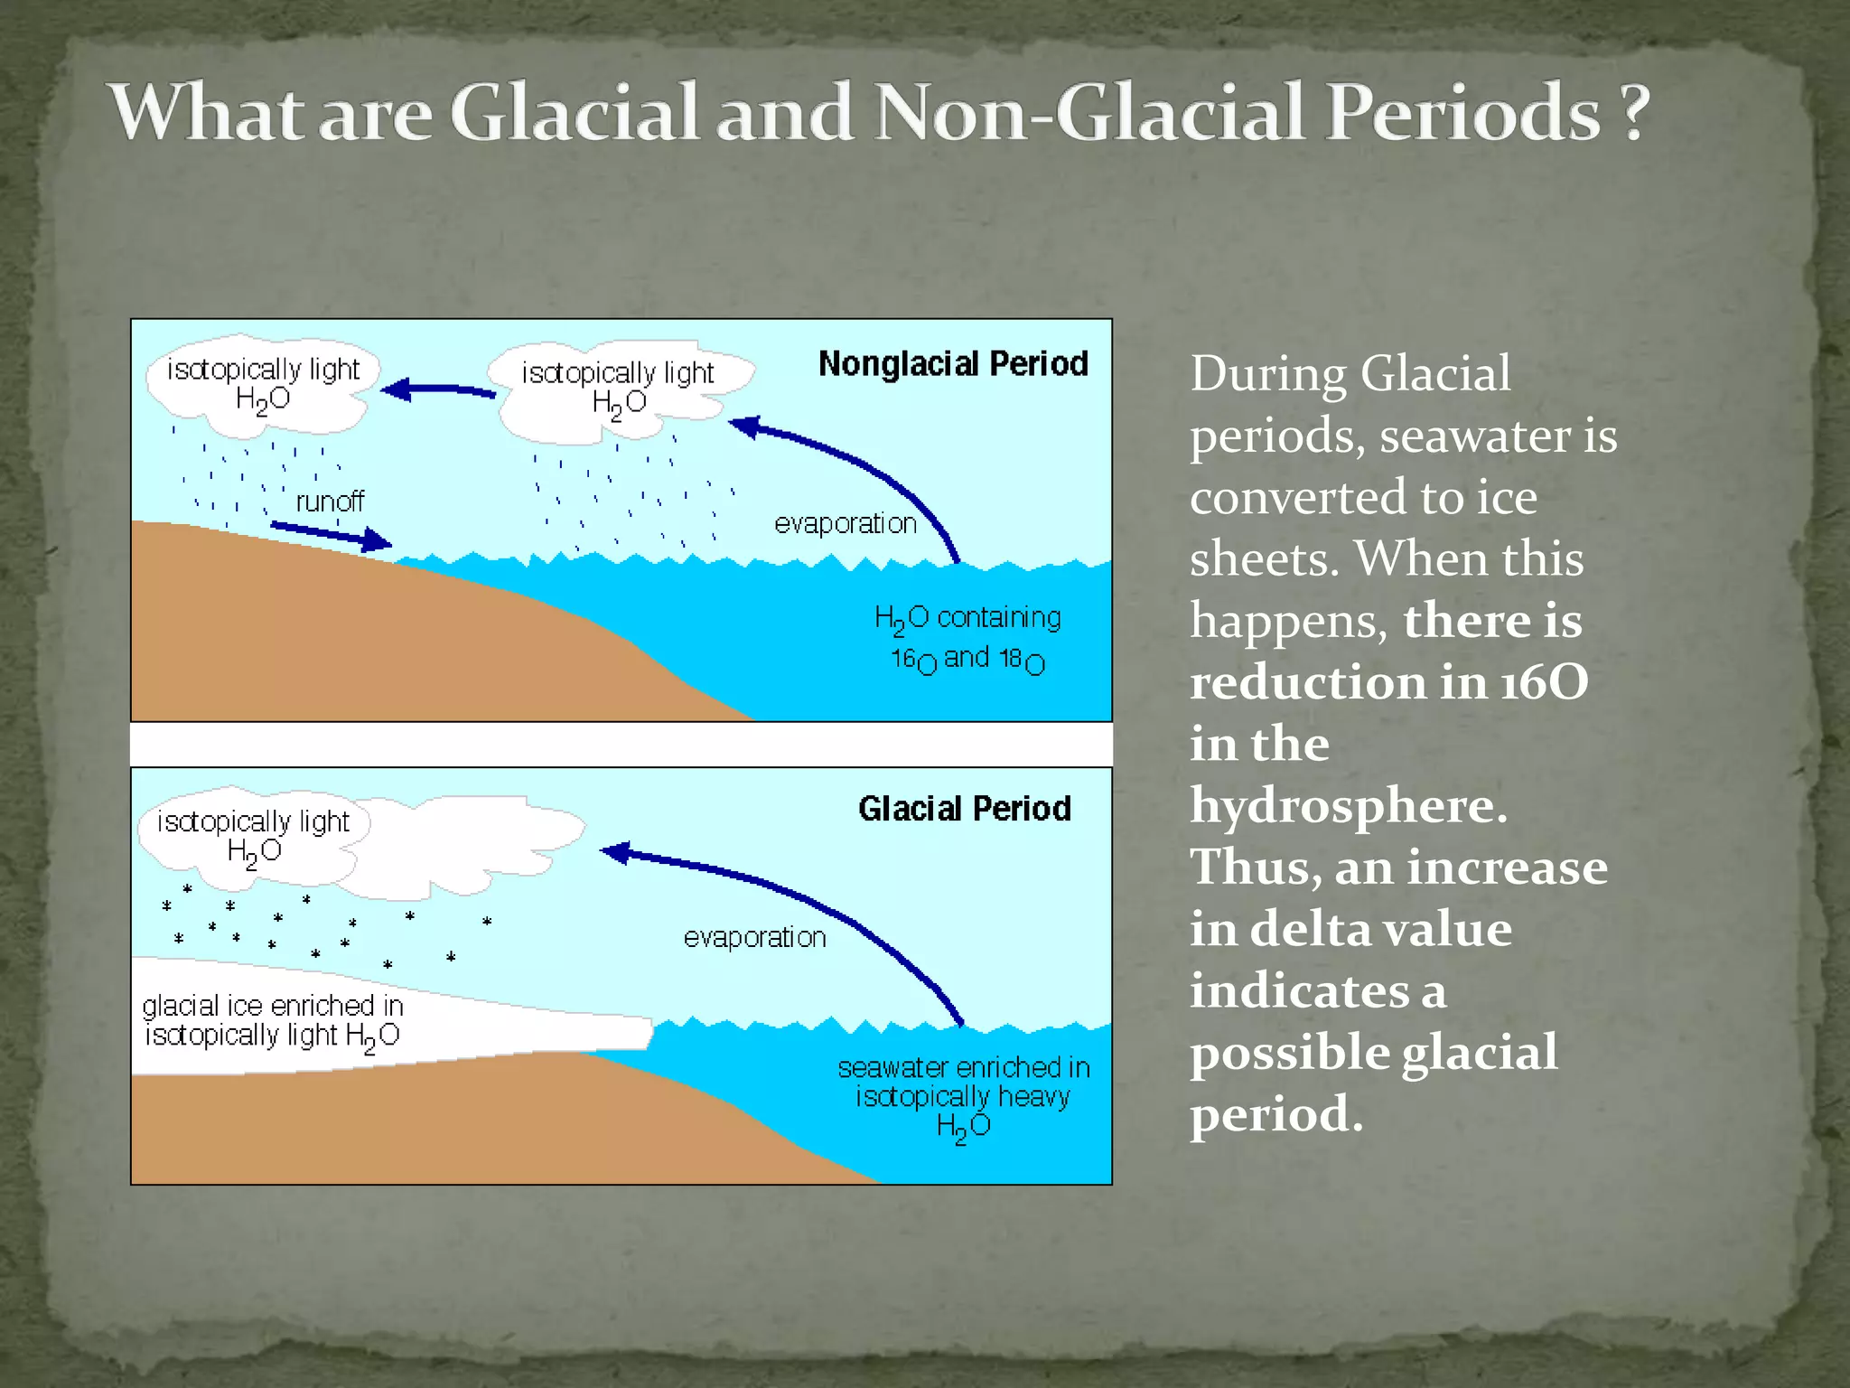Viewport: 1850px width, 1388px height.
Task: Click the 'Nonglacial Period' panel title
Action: click(953, 364)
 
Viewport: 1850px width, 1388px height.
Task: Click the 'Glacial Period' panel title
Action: click(964, 809)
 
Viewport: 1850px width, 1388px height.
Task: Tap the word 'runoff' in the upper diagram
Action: click(330, 502)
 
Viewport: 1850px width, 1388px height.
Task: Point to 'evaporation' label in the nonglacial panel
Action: click(845, 524)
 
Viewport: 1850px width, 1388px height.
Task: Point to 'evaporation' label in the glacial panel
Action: click(754, 938)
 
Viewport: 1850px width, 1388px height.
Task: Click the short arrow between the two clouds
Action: click(438, 390)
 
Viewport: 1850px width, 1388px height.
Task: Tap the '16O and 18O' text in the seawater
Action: click(967, 660)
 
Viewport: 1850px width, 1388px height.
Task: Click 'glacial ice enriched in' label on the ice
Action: click(272, 1006)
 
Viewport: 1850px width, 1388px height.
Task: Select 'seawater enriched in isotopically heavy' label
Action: click(963, 1083)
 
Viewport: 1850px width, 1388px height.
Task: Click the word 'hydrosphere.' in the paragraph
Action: click(1348, 805)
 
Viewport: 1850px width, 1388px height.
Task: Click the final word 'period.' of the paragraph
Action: click(1275, 1114)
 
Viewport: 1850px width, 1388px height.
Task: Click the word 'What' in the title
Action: click(207, 114)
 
